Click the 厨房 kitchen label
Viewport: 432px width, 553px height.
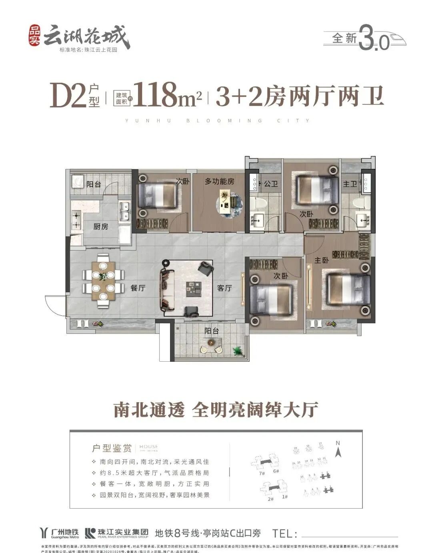pyautogui.click(x=101, y=226)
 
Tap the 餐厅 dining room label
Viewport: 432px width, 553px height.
pyautogui.click(x=138, y=288)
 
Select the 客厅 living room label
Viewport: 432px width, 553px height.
pyautogui.click(x=224, y=288)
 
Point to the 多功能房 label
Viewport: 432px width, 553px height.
pyautogui.click(x=219, y=182)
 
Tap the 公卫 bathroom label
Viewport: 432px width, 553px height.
pyautogui.click(x=271, y=184)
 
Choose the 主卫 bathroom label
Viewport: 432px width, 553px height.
pyautogui.click(x=350, y=184)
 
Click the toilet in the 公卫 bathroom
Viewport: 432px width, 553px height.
pyautogui.click(x=260, y=202)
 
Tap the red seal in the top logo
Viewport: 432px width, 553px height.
pyautogui.click(x=34, y=36)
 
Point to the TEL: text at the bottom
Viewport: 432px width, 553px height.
pyautogui.click(x=285, y=533)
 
